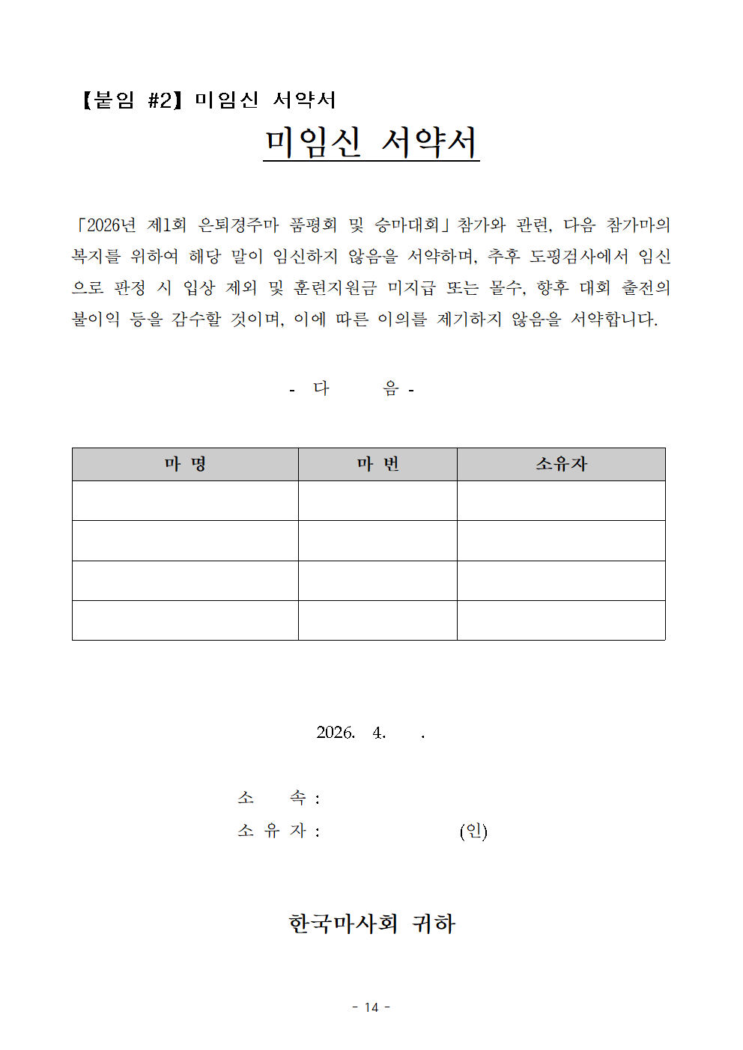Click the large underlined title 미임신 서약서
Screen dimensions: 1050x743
[x=371, y=142]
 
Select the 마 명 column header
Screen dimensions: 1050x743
[x=185, y=465]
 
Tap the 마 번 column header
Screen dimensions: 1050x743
[x=377, y=465]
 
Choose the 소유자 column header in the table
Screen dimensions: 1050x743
[x=561, y=465]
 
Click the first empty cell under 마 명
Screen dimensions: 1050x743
[x=185, y=501]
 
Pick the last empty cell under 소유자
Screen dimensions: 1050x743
[x=561, y=620]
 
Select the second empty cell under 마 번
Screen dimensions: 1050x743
[x=377, y=540]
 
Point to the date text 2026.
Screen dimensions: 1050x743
[x=335, y=733]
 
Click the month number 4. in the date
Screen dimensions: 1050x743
[x=379, y=733]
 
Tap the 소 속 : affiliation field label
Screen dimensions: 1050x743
[x=278, y=799]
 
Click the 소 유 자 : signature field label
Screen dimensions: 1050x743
[x=278, y=831]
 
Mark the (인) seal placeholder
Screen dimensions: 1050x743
[x=473, y=831]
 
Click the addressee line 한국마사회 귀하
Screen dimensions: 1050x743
[x=371, y=924]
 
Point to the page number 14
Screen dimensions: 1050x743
[x=371, y=1007]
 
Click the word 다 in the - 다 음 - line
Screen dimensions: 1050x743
[x=321, y=388]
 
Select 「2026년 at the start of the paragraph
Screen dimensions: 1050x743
[x=105, y=225]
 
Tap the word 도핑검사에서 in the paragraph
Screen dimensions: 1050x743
[x=579, y=257]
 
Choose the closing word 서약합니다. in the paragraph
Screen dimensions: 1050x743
[x=614, y=320]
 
